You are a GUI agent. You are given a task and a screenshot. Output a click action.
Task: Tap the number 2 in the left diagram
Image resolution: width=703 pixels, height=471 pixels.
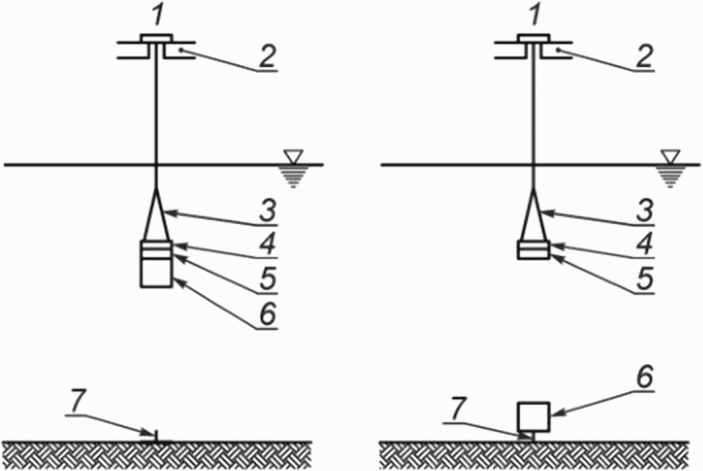tap(268, 57)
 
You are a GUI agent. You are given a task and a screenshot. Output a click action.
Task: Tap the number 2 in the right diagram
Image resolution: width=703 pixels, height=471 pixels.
tap(645, 57)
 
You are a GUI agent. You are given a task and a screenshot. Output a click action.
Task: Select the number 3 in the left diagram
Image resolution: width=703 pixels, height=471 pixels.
tap(268, 210)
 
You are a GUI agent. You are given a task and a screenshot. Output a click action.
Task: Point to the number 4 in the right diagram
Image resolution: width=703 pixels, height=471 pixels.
tap(645, 245)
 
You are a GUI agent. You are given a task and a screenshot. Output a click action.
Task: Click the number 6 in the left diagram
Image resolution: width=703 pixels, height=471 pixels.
tap(268, 313)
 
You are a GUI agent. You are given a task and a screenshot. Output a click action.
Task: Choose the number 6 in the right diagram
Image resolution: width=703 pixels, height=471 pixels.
tap(645, 378)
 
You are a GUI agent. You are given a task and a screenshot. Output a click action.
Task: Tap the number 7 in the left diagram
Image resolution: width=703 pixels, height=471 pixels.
tap(76, 402)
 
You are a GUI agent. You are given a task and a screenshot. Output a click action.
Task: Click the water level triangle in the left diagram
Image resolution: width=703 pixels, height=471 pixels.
tap(294, 157)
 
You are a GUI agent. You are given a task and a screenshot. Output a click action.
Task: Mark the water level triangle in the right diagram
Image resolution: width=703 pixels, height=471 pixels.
tap(671, 157)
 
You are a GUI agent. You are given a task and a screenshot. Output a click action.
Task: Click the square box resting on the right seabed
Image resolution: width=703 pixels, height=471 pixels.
tap(534, 417)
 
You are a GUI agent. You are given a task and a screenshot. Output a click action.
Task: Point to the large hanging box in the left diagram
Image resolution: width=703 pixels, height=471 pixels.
tap(156, 272)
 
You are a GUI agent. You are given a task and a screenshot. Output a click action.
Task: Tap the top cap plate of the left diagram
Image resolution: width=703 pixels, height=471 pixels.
tap(156, 38)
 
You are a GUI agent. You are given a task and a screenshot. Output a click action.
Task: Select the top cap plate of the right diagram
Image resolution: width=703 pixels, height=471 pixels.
tap(533, 38)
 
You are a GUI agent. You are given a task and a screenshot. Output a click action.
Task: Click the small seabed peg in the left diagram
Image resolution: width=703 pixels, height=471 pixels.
tap(156, 437)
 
